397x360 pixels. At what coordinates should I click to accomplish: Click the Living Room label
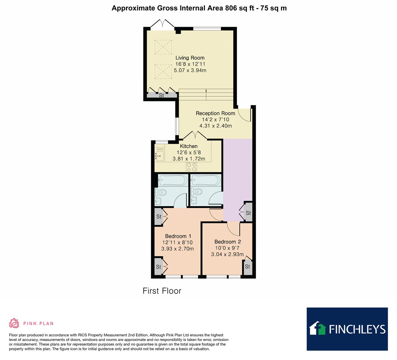(190, 58)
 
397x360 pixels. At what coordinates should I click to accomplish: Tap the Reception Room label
(215, 113)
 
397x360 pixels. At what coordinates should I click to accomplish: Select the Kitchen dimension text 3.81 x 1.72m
(189, 159)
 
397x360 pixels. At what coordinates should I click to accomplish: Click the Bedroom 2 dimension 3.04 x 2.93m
(227, 254)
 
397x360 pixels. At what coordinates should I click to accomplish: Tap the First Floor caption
(162, 291)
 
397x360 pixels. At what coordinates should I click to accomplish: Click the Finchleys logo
(347, 329)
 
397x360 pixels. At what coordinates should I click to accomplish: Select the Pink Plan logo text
(38, 323)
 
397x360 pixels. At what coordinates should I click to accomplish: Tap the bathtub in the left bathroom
(172, 180)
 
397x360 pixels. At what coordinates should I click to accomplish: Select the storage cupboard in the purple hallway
(248, 213)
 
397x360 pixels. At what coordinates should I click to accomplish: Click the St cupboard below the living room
(161, 96)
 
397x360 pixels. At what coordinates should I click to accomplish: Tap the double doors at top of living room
(162, 24)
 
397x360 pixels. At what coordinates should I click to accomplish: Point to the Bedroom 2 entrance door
(233, 228)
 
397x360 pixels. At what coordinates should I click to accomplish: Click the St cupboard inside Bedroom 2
(247, 267)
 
